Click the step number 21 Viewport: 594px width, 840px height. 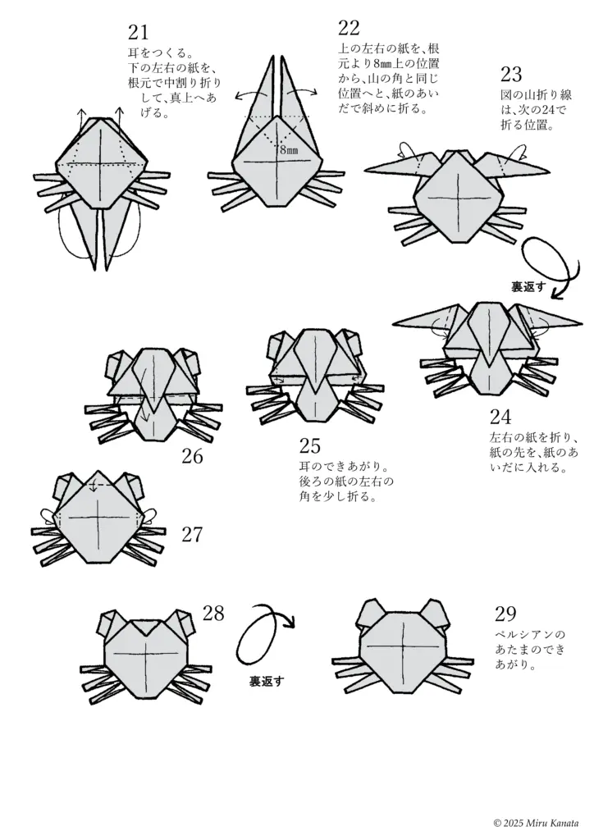138,33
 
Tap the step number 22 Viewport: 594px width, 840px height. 349,29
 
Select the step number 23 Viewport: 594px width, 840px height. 510,75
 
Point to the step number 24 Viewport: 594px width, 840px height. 500,416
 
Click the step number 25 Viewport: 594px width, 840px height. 309,445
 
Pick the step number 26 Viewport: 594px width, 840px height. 191,456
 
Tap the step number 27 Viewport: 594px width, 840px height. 191,535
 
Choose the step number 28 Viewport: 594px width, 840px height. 212,614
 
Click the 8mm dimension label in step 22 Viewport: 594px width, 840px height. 288,150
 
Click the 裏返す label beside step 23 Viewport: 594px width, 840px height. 529,286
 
